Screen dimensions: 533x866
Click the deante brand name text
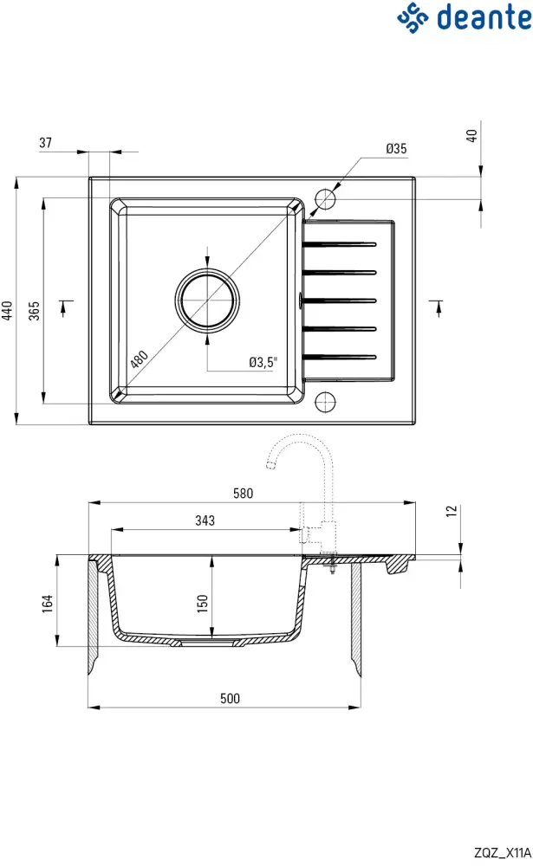point(484,17)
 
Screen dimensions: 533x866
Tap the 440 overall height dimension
point(7,310)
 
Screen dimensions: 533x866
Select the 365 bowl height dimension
point(35,310)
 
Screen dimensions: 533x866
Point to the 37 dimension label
point(45,143)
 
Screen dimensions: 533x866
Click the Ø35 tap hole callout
point(396,149)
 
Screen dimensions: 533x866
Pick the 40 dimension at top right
point(471,136)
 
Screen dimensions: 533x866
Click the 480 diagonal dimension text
point(139,359)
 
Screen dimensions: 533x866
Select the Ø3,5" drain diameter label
point(263,362)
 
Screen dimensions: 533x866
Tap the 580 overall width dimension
point(244,494)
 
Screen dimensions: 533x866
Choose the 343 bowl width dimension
point(205,520)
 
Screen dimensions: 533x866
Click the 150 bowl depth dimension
point(202,603)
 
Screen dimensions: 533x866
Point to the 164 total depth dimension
point(48,603)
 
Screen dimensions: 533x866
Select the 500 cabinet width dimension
point(230,698)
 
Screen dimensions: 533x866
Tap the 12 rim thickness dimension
point(452,511)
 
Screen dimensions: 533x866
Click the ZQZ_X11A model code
point(503,853)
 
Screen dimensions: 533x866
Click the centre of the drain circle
point(207,301)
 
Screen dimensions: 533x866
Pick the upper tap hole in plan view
point(325,199)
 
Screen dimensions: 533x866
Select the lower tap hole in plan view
point(325,402)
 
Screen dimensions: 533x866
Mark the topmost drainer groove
point(340,243)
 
